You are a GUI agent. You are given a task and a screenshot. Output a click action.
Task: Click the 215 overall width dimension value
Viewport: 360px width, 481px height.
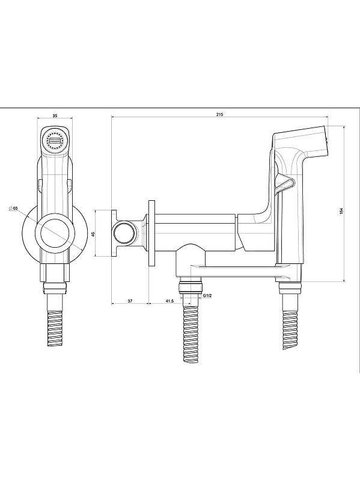coord(219,114)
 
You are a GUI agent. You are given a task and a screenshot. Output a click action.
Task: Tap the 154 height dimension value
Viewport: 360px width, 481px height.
coord(341,211)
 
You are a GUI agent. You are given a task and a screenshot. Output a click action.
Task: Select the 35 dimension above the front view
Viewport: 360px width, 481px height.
coord(55,115)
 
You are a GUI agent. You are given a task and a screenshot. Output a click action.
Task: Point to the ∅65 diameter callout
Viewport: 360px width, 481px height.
coord(14,208)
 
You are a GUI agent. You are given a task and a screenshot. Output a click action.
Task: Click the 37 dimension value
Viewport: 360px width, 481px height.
coord(130,301)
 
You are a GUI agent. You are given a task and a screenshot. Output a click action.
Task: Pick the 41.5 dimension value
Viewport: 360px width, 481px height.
coord(169,301)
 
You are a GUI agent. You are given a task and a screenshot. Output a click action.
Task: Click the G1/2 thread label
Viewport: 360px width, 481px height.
coord(207,295)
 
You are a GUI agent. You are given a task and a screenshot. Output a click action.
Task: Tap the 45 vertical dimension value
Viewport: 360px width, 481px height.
coord(93,234)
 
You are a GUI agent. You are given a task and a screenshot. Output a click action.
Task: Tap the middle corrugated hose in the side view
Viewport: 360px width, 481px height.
coord(191,334)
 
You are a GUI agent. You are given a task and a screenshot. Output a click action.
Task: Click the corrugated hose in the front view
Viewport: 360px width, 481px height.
coord(55,322)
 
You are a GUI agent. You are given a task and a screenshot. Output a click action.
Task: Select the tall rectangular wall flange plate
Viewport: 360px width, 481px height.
coord(152,233)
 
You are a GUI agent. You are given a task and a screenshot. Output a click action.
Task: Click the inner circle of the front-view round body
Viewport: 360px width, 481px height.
coord(55,233)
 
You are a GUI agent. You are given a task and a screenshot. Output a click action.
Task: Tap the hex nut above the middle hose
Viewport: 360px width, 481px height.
coord(191,287)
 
